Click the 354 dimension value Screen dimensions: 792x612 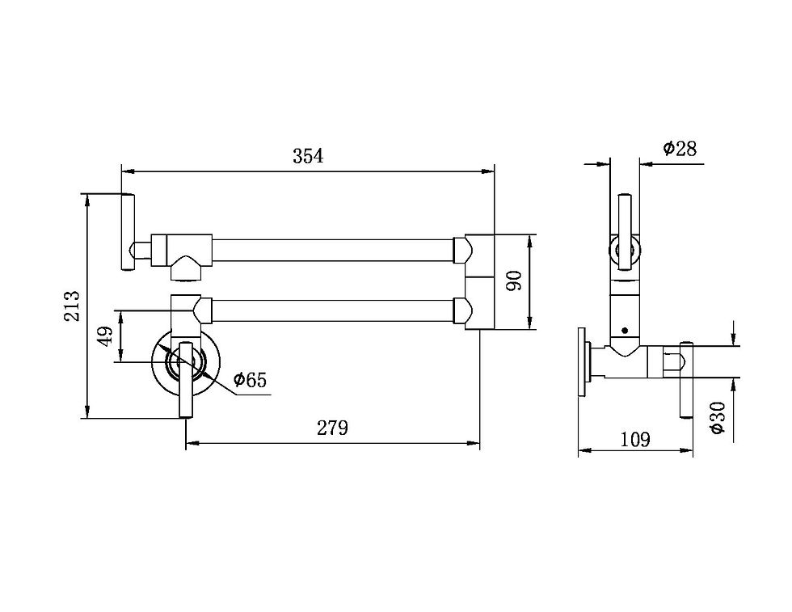[308, 156]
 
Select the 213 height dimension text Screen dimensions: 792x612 [72, 306]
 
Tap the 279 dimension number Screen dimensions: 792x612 [332, 428]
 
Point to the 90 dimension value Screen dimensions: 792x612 [514, 281]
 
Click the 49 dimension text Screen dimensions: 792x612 [105, 336]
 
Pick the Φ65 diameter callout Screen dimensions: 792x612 [250, 379]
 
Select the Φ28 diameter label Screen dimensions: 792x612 [680, 149]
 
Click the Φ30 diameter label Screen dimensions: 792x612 [718, 417]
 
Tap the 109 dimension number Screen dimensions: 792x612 [635, 440]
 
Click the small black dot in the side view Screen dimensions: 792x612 [625, 331]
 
